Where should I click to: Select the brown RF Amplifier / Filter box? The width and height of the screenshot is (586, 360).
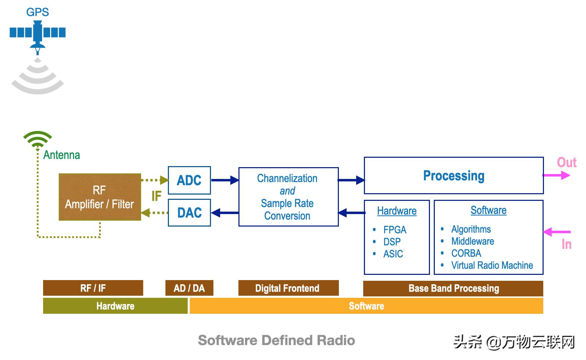tap(100, 197)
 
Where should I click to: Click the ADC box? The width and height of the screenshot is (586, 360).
tap(189, 180)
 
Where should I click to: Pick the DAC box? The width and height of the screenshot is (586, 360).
tap(189, 213)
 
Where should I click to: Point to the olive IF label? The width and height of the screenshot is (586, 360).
tap(156, 196)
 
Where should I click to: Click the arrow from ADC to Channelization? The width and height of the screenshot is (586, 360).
tap(225, 180)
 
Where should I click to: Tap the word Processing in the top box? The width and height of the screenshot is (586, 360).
tap(454, 176)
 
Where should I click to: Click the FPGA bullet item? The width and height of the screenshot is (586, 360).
tap(394, 230)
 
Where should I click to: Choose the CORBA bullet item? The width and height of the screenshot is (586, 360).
tap(466, 253)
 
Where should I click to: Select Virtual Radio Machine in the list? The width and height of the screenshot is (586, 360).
tap(492, 265)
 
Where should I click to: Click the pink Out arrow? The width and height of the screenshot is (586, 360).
tap(556, 175)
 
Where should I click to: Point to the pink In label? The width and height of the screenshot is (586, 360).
tap(567, 245)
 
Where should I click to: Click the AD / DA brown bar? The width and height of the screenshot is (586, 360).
tap(189, 288)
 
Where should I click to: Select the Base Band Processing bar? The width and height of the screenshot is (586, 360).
tap(453, 288)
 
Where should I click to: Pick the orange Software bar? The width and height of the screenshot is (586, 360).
tap(366, 306)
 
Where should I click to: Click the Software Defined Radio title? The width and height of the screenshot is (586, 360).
tap(276, 340)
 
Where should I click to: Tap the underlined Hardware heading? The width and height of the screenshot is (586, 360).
tap(397, 211)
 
